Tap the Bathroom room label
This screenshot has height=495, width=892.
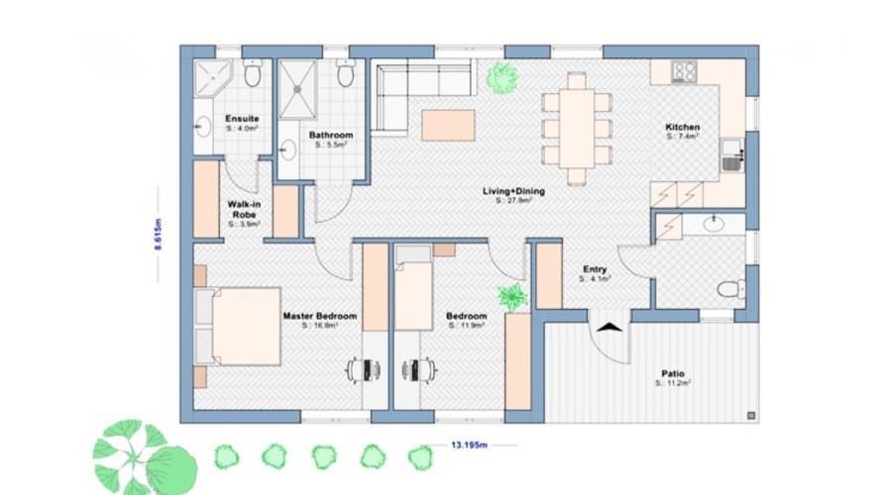pyautogui.click(x=325, y=134)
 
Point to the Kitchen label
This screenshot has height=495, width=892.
pyautogui.click(x=683, y=128)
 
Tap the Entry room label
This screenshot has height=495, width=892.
pyautogui.click(x=595, y=269)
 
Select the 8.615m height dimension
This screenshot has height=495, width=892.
pyautogui.click(x=158, y=235)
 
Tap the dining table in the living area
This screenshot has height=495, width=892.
pyautogui.click(x=577, y=127)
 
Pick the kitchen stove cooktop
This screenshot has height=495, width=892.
pyautogui.click(x=685, y=71)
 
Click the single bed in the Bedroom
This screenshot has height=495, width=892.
pyautogui.click(x=414, y=287)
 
